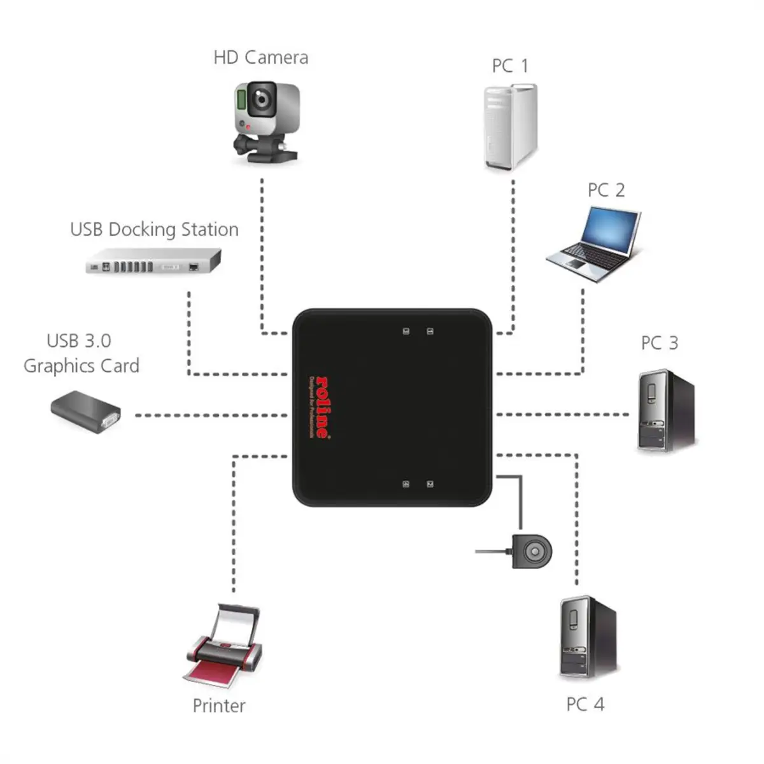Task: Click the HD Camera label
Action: [x=260, y=57]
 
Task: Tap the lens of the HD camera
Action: [x=262, y=99]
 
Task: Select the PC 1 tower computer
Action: [x=509, y=127]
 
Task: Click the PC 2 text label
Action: [x=605, y=190]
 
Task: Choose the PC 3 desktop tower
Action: [x=665, y=411]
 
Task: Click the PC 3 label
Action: [x=659, y=343]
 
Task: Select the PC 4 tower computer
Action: [x=587, y=637]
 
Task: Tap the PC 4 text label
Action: [x=584, y=704]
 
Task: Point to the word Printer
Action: [x=218, y=705]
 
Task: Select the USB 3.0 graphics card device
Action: [x=86, y=412]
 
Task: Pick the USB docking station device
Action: [x=153, y=262]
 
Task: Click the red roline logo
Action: [x=322, y=407]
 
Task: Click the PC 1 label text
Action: [x=509, y=66]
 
